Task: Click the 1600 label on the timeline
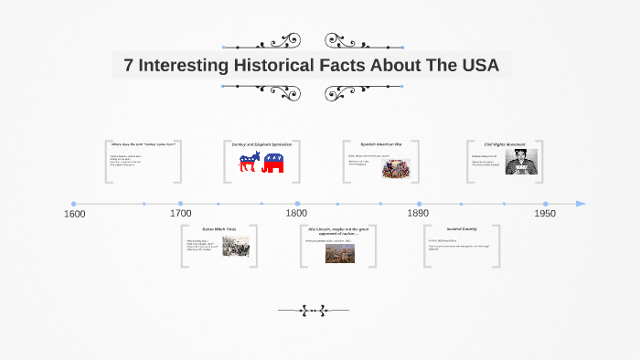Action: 75,214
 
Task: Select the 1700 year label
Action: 181,214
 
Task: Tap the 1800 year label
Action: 296,214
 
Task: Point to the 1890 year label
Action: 419,214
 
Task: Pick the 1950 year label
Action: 545,214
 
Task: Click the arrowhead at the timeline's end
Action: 581,204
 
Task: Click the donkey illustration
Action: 249,164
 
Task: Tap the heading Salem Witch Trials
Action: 219,228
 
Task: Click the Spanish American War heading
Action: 379,144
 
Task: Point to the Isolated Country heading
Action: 462,228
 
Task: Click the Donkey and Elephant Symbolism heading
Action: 261,144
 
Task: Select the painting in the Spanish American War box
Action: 395,167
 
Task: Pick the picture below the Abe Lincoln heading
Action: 340,253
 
